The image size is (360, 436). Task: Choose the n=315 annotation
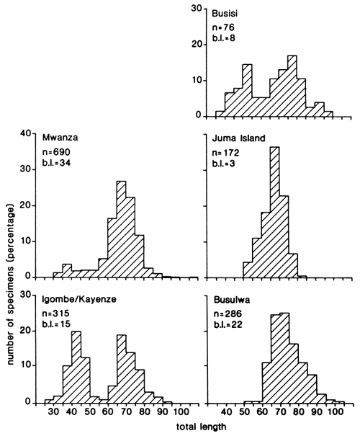click(x=56, y=312)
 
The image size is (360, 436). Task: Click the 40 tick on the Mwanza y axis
click(x=26, y=134)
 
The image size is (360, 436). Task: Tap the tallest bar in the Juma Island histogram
click(x=274, y=213)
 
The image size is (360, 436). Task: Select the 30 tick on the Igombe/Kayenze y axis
click(x=26, y=294)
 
